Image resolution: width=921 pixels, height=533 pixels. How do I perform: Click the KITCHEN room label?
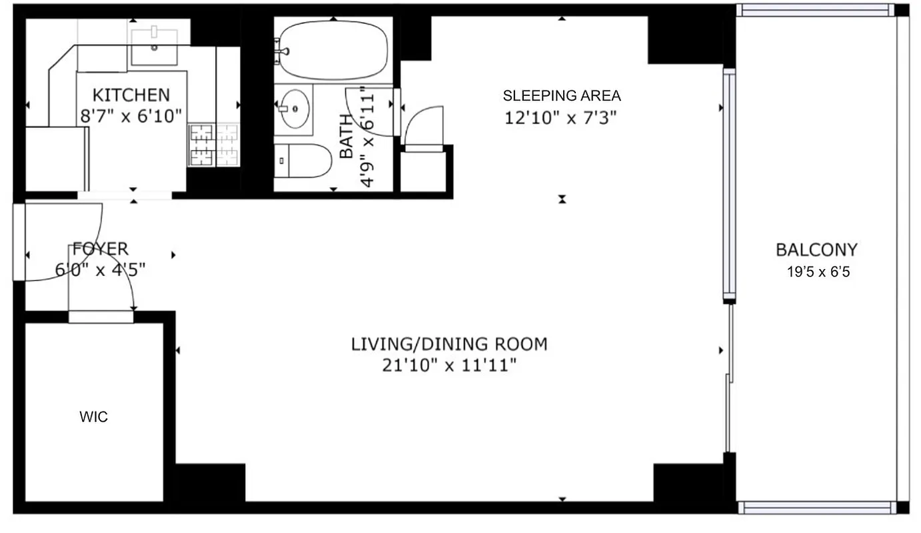point(131,95)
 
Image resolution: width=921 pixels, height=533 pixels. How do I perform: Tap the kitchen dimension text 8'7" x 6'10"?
point(131,117)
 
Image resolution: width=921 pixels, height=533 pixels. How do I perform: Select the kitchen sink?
point(154,46)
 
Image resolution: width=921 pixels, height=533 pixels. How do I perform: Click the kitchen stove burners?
point(213,145)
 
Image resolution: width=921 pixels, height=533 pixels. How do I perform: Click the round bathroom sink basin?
point(293,109)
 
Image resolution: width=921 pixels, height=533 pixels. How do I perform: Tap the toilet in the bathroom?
point(304,161)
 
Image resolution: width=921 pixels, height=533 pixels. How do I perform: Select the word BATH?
point(347,137)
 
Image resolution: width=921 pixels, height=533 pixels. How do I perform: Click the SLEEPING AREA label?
point(561,95)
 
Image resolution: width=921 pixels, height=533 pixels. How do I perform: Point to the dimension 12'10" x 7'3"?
point(561,118)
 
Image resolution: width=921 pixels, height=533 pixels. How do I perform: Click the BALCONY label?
point(816,250)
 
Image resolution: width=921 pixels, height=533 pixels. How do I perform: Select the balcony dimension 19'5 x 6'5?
point(818,272)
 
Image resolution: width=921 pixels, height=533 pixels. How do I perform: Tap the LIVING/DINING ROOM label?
point(449,344)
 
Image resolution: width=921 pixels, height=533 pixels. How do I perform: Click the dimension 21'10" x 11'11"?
point(449,365)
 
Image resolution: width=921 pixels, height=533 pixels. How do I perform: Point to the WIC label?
point(93,418)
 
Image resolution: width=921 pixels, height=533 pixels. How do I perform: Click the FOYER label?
point(100,249)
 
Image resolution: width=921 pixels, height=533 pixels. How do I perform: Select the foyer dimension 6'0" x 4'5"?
point(100,270)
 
